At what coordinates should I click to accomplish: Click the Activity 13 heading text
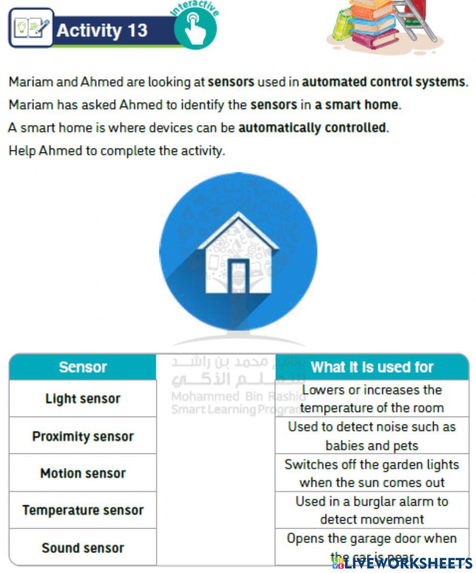click(x=102, y=30)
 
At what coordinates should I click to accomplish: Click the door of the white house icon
click(x=238, y=276)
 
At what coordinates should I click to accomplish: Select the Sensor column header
click(x=83, y=367)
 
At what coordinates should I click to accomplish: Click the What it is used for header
click(x=372, y=367)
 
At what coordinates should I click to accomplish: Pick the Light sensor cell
click(x=83, y=399)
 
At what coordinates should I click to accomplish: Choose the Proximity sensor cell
click(x=83, y=436)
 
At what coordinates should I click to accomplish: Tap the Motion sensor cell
click(x=83, y=473)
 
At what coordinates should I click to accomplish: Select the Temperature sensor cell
click(x=83, y=510)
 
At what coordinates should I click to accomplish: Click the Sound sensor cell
click(x=83, y=547)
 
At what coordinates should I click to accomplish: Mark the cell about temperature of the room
click(x=372, y=399)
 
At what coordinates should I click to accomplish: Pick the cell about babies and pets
click(x=372, y=436)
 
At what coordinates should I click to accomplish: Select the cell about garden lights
click(x=372, y=473)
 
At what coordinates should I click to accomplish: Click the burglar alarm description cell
click(x=372, y=510)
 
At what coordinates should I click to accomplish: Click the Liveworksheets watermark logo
click(x=402, y=563)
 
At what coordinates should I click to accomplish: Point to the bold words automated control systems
click(x=383, y=82)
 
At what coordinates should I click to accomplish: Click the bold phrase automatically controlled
click(x=312, y=128)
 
